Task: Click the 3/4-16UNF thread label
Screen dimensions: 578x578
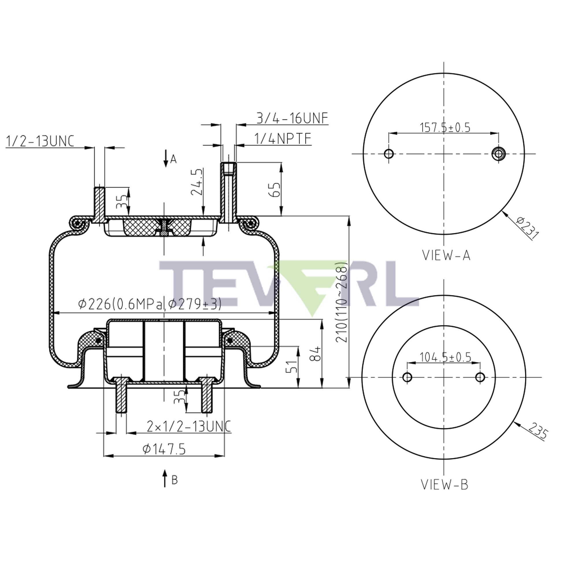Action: click(292, 118)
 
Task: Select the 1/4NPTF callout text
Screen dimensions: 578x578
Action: click(282, 139)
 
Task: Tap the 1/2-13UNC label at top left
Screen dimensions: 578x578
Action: click(40, 141)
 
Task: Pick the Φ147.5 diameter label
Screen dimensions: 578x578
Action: click(164, 449)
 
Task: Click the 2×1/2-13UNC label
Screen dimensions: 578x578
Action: click(189, 426)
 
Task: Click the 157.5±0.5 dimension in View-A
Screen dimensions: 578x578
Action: click(445, 127)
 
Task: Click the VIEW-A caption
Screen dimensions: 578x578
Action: click(446, 255)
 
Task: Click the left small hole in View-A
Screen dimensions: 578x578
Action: click(389, 154)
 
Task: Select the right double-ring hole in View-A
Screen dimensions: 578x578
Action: click(499, 154)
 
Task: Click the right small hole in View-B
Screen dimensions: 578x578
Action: click(480, 377)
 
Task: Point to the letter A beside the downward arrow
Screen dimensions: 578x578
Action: click(173, 160)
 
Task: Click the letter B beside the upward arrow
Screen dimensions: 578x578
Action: click(175, 480)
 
